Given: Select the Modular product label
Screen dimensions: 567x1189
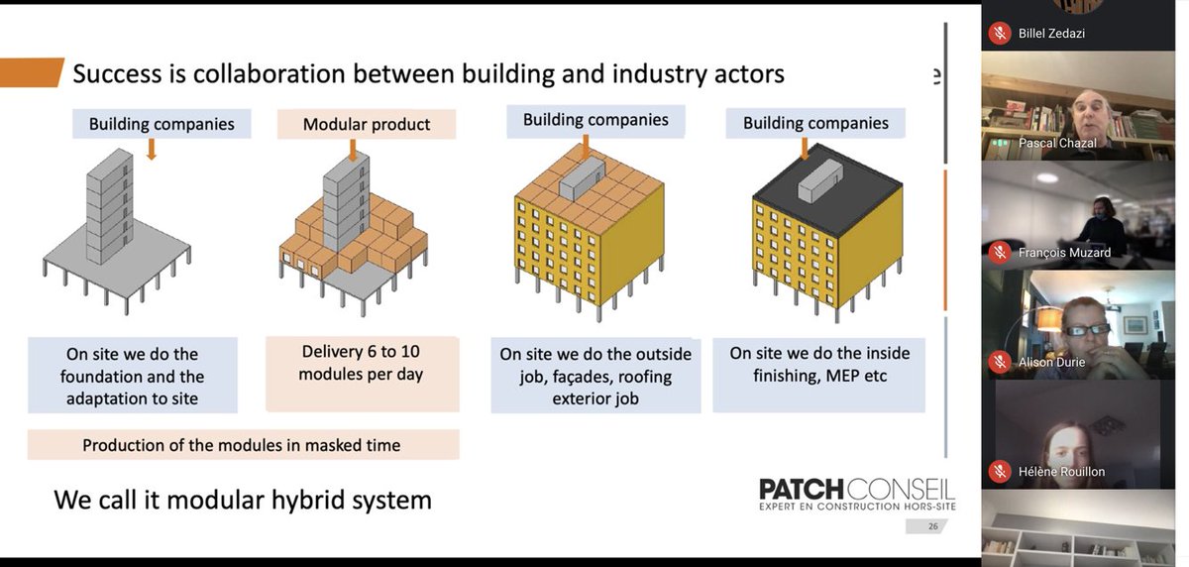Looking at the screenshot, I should (x=366, y=124).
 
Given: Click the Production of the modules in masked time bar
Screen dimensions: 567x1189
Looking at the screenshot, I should (x=243, y=445).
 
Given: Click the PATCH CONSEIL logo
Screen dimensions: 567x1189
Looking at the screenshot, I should (x=855, y=493).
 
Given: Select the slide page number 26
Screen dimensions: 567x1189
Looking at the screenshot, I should (x=932, y=526).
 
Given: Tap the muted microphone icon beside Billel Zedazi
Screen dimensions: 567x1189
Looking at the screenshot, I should (x=1000, y=34).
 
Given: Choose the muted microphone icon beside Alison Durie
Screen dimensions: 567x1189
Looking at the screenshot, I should (x=1000, y=362).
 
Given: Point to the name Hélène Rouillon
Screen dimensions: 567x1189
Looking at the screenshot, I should (x=1061, y=471).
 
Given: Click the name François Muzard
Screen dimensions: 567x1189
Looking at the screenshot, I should (x=1064, y=253).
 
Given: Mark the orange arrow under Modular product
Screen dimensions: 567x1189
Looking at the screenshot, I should (x=352, y=150).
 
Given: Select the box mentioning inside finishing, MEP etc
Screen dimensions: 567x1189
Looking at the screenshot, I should (x=818, y=375).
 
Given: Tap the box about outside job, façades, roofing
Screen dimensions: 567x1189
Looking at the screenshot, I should (x=595, y=377).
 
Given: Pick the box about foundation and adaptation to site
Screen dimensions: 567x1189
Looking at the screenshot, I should (x=132, y=376).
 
